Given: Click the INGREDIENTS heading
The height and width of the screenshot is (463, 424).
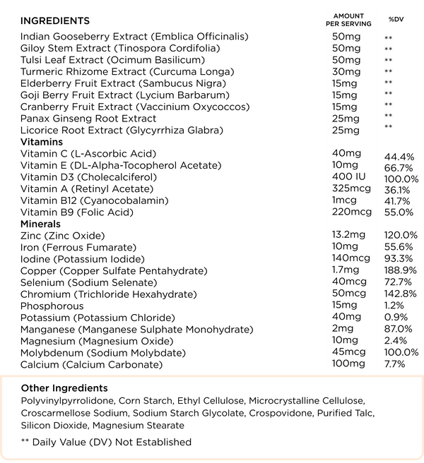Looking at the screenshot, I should click(55, 20).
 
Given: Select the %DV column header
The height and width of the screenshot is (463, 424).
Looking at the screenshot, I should click(394, 19).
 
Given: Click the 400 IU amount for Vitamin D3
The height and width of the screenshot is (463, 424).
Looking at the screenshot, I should click(348, 177).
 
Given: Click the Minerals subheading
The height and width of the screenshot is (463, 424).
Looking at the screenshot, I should click(40, 224).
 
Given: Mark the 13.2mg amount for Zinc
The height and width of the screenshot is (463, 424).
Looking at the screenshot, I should click(349, 235).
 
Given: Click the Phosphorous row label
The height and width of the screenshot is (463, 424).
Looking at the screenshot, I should click(52, 306).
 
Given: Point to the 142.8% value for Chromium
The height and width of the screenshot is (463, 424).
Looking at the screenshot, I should click(399, 294).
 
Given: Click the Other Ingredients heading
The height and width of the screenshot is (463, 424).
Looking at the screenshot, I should click(64, 388).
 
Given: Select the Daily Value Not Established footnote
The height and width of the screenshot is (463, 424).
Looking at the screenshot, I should click(106, 442).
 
